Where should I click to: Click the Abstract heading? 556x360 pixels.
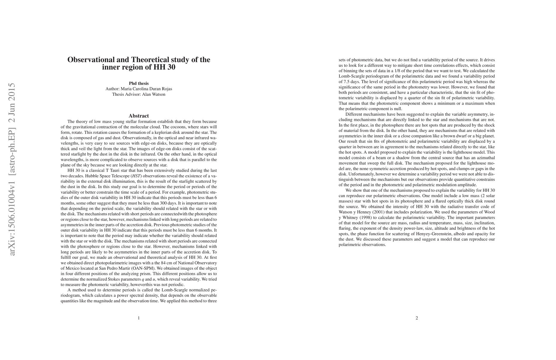pyautogui.click(x=139, y=116)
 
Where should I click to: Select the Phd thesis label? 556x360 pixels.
pyautogui.click(x=139, y=83)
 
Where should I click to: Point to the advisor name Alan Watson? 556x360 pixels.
pyautogui.click(x=154, y=94)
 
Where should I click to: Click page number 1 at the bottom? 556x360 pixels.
pyautogui.click(x=139, y=318)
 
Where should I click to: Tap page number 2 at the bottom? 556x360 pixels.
pyautogui.click(x=417, y=318)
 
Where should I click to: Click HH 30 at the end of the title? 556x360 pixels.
pyautogui.click(x=164, y=67)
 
